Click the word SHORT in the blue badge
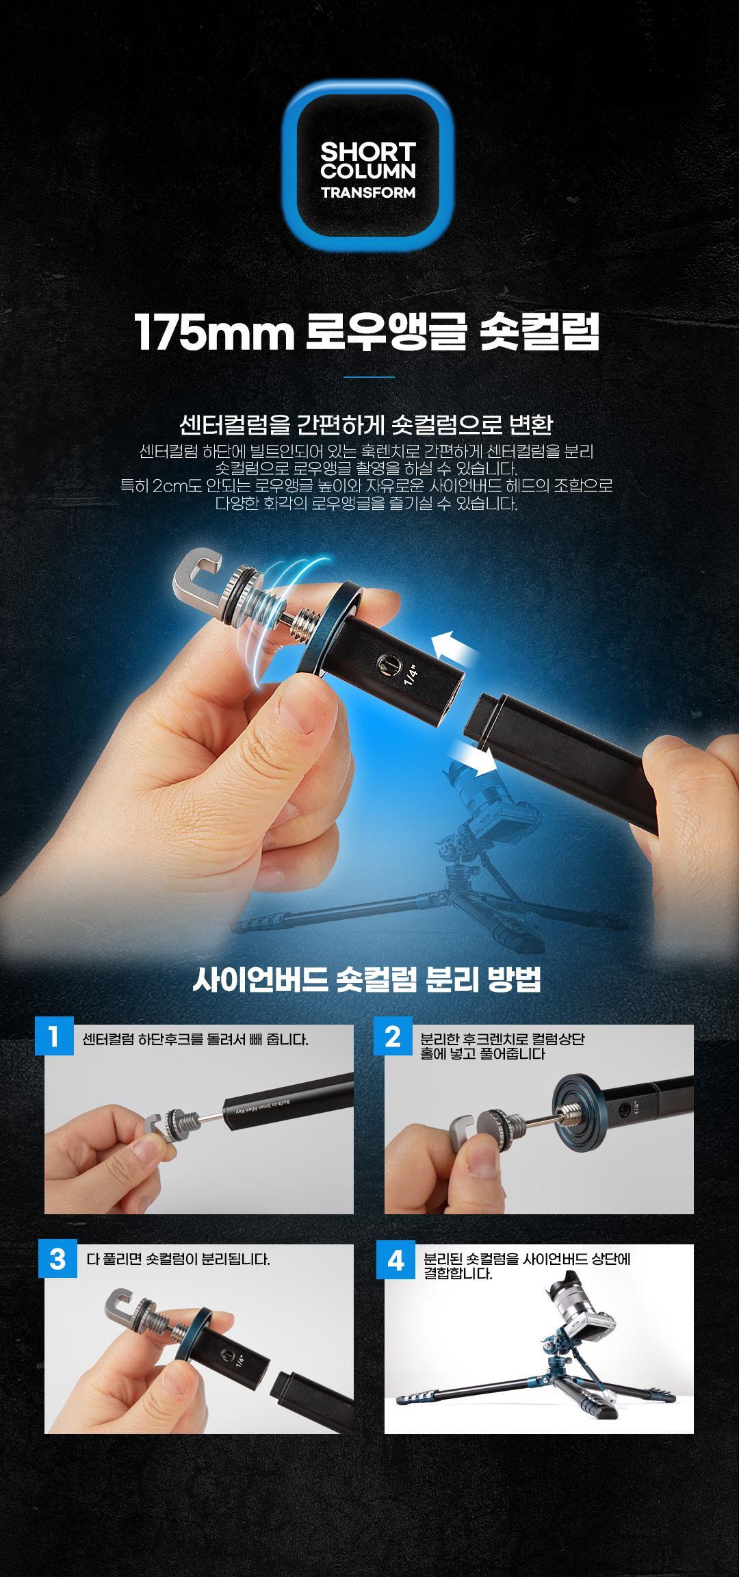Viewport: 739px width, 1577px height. (x=368, y=151)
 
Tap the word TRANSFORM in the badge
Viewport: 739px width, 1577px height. (x=368, y=192)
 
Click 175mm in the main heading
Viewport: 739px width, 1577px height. (x=214, y=333)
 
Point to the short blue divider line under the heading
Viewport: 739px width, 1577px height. (x=369, y=376)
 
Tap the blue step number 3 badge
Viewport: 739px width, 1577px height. (x=57, y=1259)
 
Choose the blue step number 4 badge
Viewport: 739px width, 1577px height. (x=396, y=1259)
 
